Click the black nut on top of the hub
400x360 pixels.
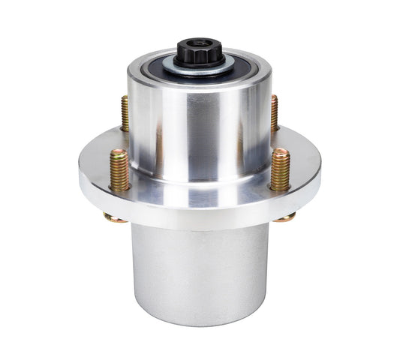pyautogui.click(x=197, y=52)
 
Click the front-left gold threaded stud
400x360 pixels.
pyautogui.click(x=119, y=169)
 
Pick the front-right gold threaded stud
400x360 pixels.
pyautogui.click(x=280, y=168)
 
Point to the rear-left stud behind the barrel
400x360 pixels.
pyautogui.click(x=125, y=112)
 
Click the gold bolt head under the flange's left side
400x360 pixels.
pyautogui.click(x=115, y=218)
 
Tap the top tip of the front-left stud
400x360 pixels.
pyautogui.click(x=119, y=151)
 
